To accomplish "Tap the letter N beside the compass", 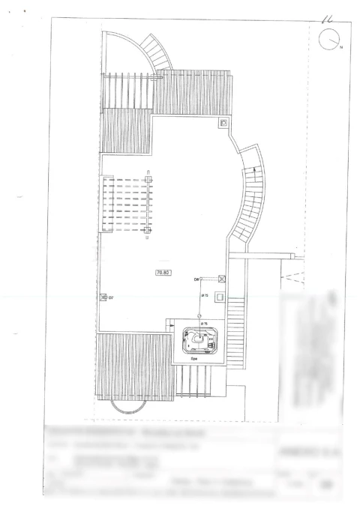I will [x=340, y=48].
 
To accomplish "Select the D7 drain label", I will [x=111, y=297].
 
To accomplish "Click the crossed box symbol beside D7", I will [x=103, y=297].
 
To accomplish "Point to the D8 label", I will [x=196, y=279].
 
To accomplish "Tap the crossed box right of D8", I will [x=221, y=279].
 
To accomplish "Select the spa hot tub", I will [x=197, y=341].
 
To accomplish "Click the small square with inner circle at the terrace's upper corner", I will [x=223, y=122].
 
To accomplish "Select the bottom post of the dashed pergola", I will [x=147, y=240].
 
